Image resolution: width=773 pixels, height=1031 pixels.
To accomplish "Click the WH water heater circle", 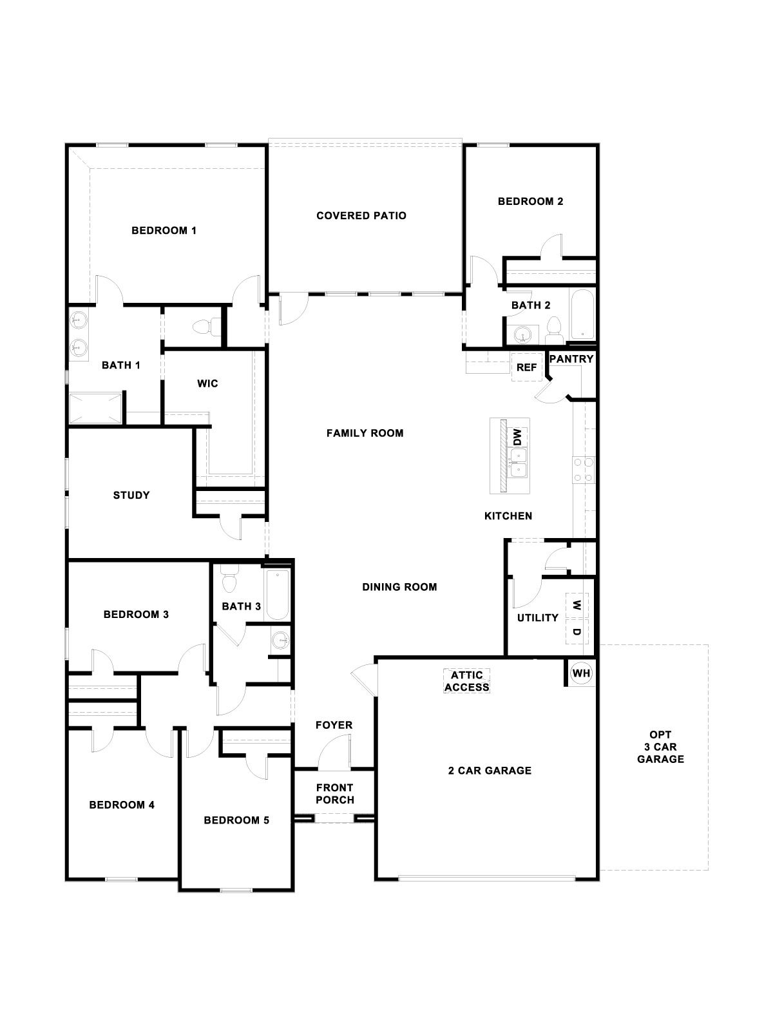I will pyautogui.click(x=581, y=673).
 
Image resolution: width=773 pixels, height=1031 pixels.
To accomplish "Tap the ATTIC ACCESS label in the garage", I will pyautogui.click(x=467, y=681).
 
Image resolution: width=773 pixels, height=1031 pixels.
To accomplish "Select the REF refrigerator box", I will pyautogui.click(x=526, y=367).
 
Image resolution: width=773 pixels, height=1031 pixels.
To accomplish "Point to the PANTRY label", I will pyautogui.click(x=571, y=359).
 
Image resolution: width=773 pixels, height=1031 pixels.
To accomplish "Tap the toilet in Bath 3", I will pyautogui.click(x=229, y=580).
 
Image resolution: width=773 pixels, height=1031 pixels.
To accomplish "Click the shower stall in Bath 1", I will pyautogui.click(x=95, y=407).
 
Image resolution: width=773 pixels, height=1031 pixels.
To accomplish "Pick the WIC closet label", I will pyautogui.click(x=207, y=383).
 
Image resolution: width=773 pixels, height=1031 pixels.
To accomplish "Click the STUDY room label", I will pyautogui.click(x=131, y=495).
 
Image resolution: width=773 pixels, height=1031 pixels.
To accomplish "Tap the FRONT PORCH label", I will pyautogui.click(x=334, y=793).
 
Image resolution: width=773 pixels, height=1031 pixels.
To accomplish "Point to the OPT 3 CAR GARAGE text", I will pyautogui.click(x=660, y=747).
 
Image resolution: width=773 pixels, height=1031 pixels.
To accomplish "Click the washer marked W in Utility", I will pyautogui.click(x=577, y=605).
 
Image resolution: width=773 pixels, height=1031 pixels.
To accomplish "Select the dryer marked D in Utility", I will pyautogui.click(x=577, y=631).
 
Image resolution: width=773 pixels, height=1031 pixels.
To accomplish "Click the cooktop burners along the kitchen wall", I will pyautogui.click(x=583, y=469).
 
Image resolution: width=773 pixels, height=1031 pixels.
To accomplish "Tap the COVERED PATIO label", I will pyautogui.click(x=361, y=215).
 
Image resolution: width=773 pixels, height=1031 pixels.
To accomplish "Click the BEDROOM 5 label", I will pyautogui.click(x=236, y=820).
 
